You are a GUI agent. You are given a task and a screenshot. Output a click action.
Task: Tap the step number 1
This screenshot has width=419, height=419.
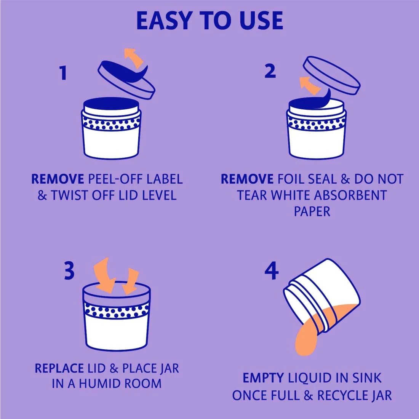(63, 73)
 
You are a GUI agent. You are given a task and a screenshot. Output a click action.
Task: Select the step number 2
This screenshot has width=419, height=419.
(270, 71)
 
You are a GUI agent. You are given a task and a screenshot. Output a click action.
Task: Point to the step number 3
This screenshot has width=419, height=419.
(69, 270)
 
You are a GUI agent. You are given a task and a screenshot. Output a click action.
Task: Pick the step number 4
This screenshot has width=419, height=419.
(272, 271)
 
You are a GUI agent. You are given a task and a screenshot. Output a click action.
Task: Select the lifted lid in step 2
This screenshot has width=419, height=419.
(332, 75)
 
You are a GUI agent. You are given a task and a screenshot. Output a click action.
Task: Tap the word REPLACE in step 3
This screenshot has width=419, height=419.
(59, 368)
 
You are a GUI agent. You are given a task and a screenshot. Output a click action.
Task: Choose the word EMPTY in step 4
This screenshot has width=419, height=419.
(263, 378)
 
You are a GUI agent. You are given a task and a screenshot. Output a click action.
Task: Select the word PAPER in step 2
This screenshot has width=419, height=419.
(312, 211)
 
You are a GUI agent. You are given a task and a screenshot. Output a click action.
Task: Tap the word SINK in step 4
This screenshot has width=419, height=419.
(367, 378)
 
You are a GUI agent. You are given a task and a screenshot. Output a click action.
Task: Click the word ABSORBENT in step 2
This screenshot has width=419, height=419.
(350, 195)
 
